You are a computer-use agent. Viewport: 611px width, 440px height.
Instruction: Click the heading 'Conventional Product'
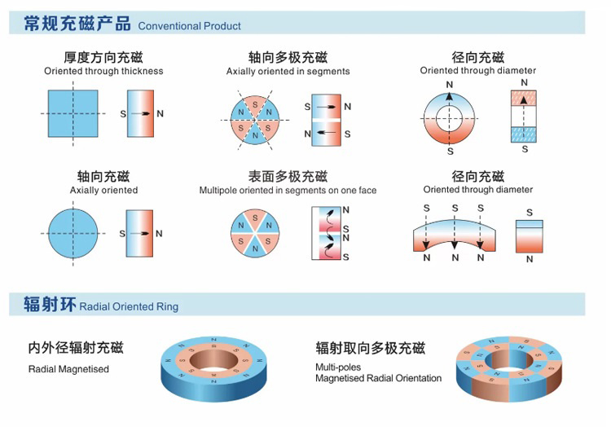click(x=189, y=26)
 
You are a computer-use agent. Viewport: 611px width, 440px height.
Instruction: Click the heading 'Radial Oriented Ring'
click(x=129, y=307)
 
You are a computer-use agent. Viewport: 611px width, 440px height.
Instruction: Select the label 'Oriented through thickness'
click(x=103, y=71)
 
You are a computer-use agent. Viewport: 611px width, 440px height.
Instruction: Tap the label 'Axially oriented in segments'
click(x=288, y=71)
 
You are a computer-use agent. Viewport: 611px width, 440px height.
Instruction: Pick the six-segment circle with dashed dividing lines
click(x=255, y=121)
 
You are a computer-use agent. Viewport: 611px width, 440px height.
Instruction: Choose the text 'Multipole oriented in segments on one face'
click(x=288, y=190)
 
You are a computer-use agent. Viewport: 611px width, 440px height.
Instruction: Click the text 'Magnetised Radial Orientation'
click(x=378, y=378)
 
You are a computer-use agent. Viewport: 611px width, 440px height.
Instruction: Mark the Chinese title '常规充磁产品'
click(x=77, y=24)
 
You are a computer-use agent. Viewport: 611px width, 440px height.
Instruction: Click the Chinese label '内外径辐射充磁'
click(x=76, y=349)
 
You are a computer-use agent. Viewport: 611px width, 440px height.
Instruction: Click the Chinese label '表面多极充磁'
click(x=288, y=176)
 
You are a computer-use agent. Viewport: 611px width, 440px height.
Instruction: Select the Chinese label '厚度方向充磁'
click(x=103, y=57)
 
